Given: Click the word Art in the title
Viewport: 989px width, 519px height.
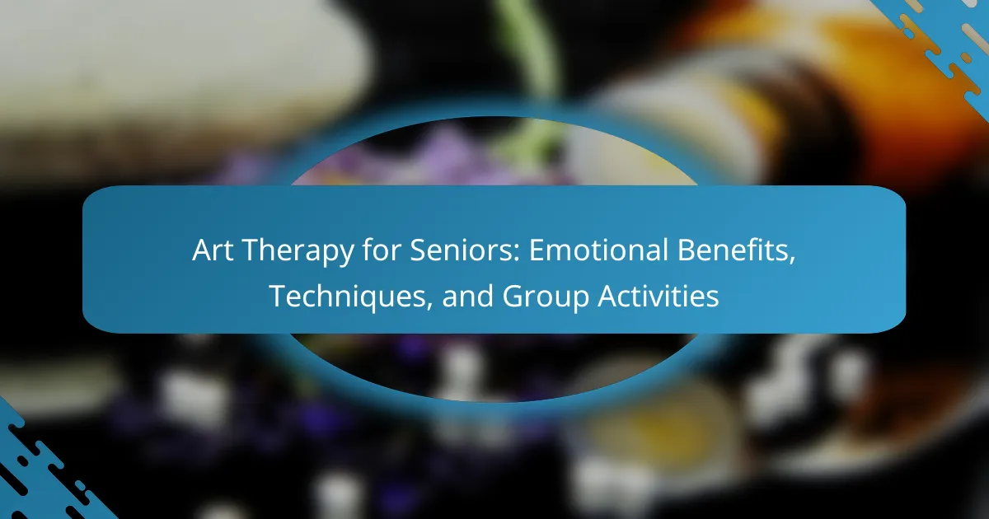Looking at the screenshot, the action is coord(213,250).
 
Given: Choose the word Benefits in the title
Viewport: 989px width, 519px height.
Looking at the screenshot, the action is coord(732,250).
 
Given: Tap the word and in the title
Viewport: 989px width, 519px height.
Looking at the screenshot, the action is coord(467,296).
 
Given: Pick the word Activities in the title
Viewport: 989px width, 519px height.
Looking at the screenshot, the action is coord(659,296).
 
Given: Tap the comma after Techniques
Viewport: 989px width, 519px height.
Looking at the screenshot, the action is coord(429,305).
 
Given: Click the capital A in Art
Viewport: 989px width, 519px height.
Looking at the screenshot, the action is coord(202,250).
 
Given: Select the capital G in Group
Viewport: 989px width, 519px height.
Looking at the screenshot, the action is coord(512,297).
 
